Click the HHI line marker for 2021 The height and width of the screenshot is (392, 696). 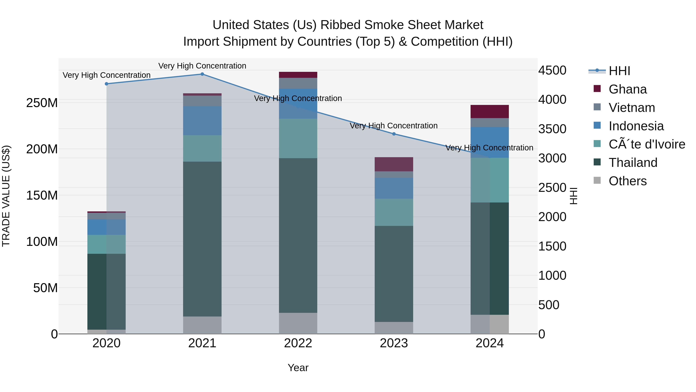[x=202, y=74]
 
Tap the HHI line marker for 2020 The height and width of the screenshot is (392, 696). [x=107, y=84]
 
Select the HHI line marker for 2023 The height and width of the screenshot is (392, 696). [x=394, y=134]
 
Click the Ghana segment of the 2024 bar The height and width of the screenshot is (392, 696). [x=490, y=112]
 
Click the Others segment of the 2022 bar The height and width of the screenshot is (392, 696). [x=298, y=323]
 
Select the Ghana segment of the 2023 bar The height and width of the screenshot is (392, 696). [x=394, y=164]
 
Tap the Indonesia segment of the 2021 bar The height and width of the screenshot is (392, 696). [x=202, y=121]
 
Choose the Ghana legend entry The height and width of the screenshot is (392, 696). [x=627, y=89]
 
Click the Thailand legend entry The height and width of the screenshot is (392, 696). [x=633, y=163]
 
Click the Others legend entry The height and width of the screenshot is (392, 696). [x=627, y=181]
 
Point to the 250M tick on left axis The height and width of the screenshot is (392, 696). [x=42, y=103]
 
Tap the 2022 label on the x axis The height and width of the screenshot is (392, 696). [x=298, y=343]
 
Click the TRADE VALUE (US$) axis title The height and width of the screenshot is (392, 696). [x=6, y=196]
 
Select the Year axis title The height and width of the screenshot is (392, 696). [x=298, y=368]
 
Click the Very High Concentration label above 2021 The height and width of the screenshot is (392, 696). [x=202, y=66]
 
